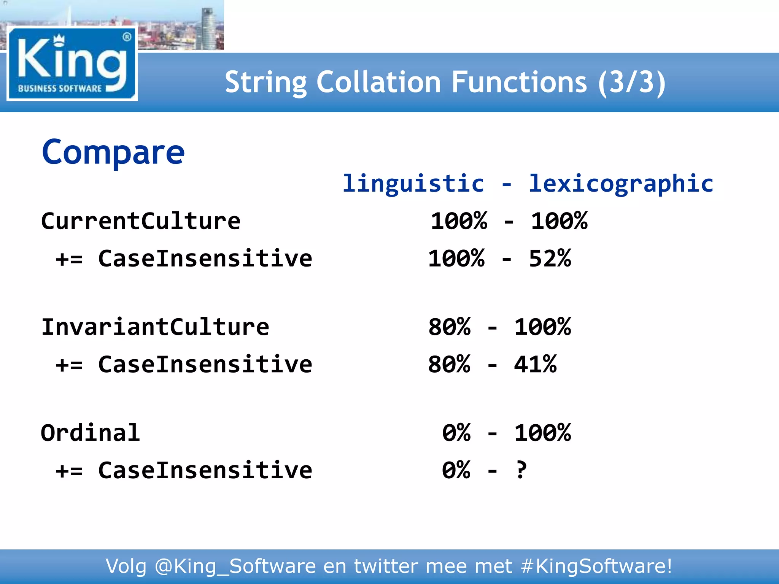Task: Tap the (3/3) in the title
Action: click(x=631, y=83)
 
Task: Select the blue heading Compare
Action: click(x=113, y=152)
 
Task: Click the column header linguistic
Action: click(x=413, y=184)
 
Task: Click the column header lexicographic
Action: click(x=621, y=184)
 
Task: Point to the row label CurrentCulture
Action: click(x=141, y=221)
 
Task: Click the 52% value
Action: click(x=550, y=259)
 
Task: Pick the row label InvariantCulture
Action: click(x=155, y=327)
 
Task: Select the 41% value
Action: click(x=535, y=364)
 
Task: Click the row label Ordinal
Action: click(x=91, y=433)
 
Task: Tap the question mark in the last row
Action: click(x=521, y=470)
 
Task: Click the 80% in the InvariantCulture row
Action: click(x=449, y=327)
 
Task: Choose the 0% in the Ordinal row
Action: click(x=456, y=433)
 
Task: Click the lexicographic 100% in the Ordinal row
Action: click(x=542, y=433)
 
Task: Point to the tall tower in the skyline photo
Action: click(x=208, y=29)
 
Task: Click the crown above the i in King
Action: click(x=59, y=38)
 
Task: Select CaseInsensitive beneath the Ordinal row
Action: click(x=205, y=470)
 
